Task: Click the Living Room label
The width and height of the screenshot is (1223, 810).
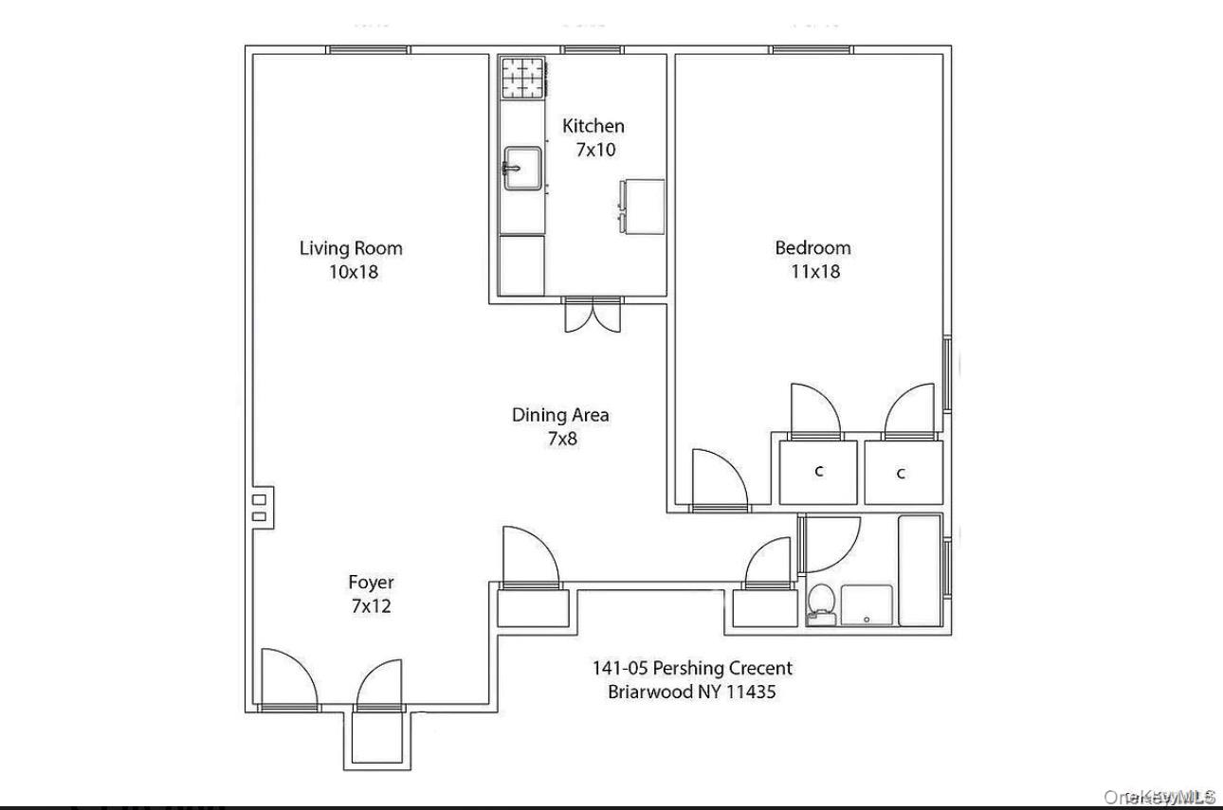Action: [351, 248]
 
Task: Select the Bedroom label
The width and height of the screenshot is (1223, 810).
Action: [812, 247]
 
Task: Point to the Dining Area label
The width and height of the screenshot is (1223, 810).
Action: [560, 414]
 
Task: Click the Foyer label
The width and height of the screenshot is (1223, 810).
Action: [371, 583]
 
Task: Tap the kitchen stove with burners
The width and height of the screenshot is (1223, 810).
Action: [524, 78]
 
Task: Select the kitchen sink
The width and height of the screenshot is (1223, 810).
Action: [521, 168]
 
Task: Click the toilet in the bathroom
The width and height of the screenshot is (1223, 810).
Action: [820, 604]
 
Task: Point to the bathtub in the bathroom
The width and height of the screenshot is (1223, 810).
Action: [919, 570]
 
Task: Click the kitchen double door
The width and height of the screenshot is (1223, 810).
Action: [593, 315]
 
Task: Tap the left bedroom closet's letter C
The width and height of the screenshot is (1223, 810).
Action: [818, 472]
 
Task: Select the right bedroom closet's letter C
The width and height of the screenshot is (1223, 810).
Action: [901, 474]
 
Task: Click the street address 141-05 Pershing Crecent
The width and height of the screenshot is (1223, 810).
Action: [692, 668]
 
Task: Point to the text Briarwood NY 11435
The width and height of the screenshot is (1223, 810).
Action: [691, 692]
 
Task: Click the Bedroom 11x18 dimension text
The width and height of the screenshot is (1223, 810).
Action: [812, 272]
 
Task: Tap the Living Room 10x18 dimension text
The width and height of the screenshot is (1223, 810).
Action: [351, 272]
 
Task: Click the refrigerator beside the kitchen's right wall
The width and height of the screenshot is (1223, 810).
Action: [642, 205]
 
